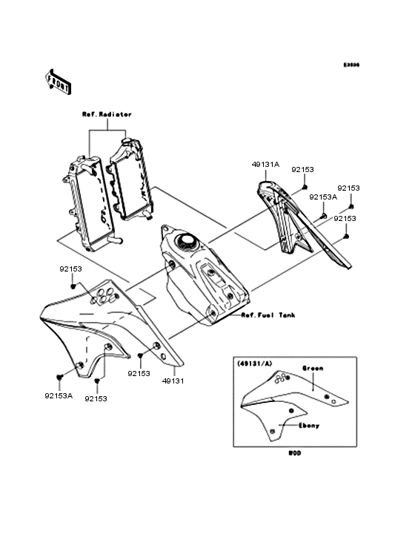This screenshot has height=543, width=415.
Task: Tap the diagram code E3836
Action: click(351, 65)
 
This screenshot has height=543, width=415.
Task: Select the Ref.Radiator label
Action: click(107, 115)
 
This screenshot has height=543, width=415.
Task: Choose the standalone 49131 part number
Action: click(173, 380)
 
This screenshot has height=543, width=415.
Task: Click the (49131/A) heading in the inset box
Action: click(255, 365)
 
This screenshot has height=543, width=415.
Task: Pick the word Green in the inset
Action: click(311, 367)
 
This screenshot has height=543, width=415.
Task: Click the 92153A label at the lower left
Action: click(58, 395)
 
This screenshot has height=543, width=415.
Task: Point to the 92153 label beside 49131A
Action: click(305, 169)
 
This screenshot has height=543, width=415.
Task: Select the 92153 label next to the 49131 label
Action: click(139, 374)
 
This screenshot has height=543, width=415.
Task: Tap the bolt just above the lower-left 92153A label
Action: click(59, 378)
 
